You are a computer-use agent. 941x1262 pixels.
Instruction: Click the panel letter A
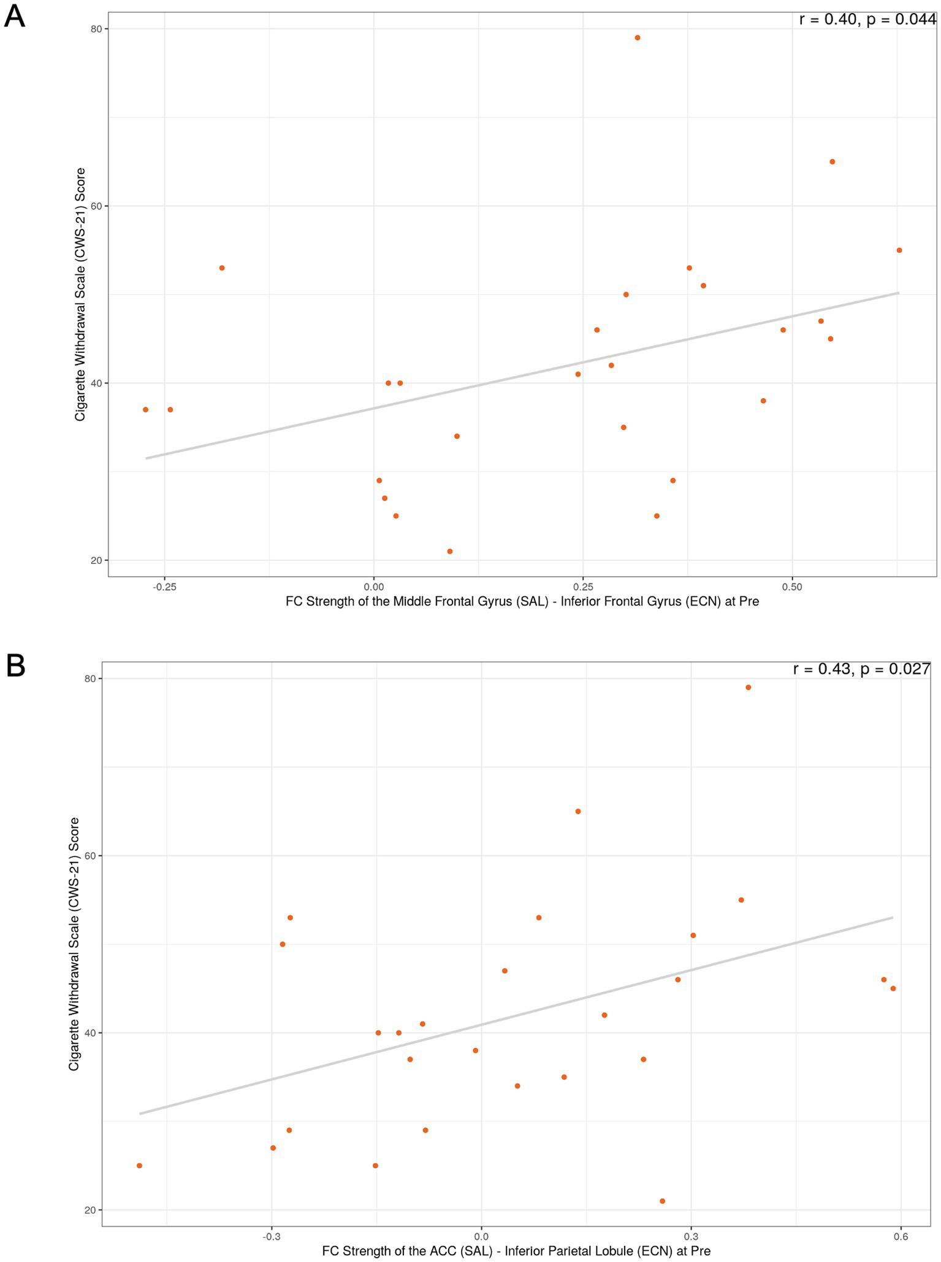tap(14, 17)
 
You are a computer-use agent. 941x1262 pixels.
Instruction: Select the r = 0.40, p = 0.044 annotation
tap(867, 20)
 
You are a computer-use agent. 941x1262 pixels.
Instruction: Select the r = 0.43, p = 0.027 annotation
tap(861, 669)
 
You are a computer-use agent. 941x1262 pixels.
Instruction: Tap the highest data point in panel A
tap(637, 38)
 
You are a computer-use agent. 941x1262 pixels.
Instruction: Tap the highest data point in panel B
tap(748, 688)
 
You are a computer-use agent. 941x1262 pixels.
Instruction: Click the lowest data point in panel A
tap(449, 552)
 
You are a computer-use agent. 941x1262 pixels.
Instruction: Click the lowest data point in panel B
tap(662, 1201)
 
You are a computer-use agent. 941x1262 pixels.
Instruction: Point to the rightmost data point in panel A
tap(899, 250)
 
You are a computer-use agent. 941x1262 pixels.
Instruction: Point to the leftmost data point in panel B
tap(139, 1166)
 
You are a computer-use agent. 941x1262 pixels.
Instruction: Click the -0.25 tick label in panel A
tap(164, 587)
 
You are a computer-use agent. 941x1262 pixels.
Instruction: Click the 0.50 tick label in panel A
tap(792, 587)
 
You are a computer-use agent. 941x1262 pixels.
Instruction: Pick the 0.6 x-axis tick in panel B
tap(900, 1236)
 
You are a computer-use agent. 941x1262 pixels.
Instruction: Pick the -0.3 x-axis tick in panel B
tap(272, 1236)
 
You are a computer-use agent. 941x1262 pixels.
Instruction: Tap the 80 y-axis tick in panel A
tap(96, 29)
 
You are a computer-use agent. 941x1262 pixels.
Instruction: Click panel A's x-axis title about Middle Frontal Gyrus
tap(522, 602)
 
